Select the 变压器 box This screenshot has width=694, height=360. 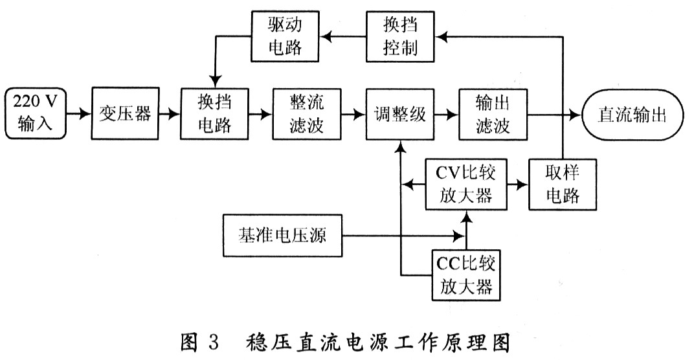(125, 115)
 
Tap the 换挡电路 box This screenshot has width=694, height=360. (214, 115)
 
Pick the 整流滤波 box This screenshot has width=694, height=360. (306, 115)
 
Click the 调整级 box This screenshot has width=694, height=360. (399, 115)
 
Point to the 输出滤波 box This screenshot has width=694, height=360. (492, 115)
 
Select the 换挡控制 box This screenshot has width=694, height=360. (399, 37)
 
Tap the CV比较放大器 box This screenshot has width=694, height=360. (465, 185)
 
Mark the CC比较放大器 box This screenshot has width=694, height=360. (465, 274)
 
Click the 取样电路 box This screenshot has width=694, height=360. (563, 185)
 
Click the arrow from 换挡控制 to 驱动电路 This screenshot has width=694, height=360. (344, 37)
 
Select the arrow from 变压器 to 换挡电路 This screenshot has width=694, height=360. (169, 115)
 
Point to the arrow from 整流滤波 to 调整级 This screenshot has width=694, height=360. (352, 115)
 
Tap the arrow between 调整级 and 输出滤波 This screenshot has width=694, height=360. (445, 115)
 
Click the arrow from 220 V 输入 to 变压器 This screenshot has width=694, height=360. (79, 115)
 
